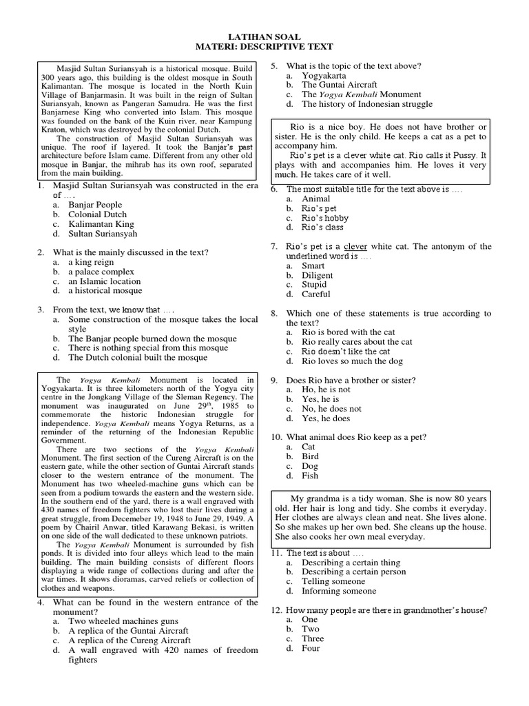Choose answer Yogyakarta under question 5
(324, 75)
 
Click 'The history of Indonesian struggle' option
(367, 104)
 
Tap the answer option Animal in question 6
(315, 199)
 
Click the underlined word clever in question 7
(355, 246)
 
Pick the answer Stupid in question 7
(315, 285)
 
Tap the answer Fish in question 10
(310, 476)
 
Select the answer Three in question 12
(313, 638)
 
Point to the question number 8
(273, 313)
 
